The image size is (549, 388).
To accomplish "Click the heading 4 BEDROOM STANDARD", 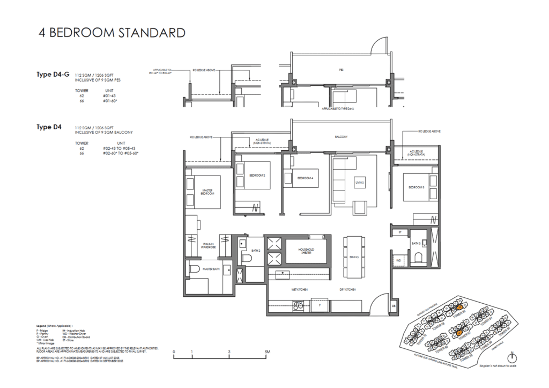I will tap(112, 33).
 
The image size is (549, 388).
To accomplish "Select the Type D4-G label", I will tap(53, 75).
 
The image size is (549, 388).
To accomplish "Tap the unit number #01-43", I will tap(109, 96).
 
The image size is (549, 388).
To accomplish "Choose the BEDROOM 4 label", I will tap(305, 178).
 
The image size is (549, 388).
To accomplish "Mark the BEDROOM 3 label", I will tap(417, 187).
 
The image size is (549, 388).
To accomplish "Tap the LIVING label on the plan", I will tap(359, 183).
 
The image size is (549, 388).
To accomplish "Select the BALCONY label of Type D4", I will tap(342, 137).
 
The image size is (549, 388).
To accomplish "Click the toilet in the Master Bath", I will tap(195, 269).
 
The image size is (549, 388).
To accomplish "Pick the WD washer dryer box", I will tap(398, 261).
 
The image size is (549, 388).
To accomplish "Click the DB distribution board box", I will tap(394, 306).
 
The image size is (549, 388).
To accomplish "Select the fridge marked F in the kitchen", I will tap(320, 304).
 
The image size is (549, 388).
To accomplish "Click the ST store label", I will tap(399, 232).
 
